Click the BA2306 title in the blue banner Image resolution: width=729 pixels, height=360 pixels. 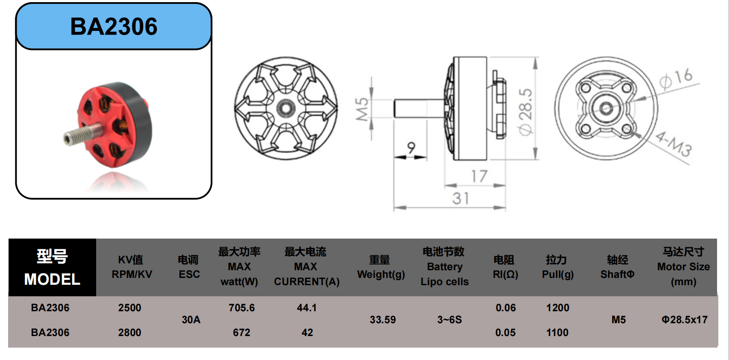click(114, 27)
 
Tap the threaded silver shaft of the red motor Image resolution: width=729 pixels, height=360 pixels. click(81, 134)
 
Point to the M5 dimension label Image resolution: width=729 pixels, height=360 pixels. click(362, 109)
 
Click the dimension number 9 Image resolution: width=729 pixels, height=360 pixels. click(411, 148)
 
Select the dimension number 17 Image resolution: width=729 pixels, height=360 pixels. click(479, 176)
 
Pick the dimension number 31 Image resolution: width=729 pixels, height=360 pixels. click(461, 198)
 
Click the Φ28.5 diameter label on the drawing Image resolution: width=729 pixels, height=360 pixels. click(526, 112)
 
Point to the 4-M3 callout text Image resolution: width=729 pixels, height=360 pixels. click(673, 144)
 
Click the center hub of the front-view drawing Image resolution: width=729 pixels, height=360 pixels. click(285, 108)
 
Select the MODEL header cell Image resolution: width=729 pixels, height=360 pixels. click(52, 268)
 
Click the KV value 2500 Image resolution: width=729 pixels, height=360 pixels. click(129, 308)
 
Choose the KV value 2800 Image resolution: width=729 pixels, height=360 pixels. click(129, 333)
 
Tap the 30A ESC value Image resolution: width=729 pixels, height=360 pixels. click(191, 320)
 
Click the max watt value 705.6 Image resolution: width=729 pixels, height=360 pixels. click(241, 308)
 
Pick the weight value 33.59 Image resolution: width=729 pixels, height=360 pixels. click(382, 320)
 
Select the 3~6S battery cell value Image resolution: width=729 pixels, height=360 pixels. click(449, 320)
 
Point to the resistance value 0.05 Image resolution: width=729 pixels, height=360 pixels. click(505, 333)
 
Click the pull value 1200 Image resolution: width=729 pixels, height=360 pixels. click(558, 308)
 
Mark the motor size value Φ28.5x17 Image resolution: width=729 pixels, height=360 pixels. click(684, 320)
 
